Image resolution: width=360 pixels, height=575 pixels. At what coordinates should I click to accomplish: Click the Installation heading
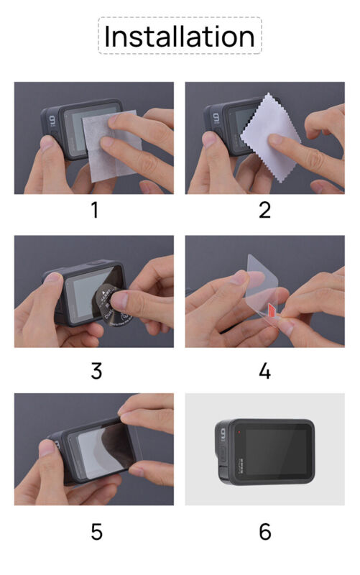pos(180,37)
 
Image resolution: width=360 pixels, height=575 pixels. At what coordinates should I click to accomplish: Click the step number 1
pos(94,210)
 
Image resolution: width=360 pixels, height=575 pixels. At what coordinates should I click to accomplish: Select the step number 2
pos(264,210)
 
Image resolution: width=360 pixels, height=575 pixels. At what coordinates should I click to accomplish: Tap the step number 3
pos(96,371)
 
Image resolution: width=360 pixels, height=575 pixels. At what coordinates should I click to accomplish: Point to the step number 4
pos(264,371)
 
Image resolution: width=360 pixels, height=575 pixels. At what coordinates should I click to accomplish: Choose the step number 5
pos(96,531)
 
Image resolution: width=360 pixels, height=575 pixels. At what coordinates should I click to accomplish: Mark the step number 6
pos(264,531)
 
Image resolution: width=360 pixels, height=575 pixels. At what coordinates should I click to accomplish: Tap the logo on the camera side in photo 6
pos(222,433)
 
